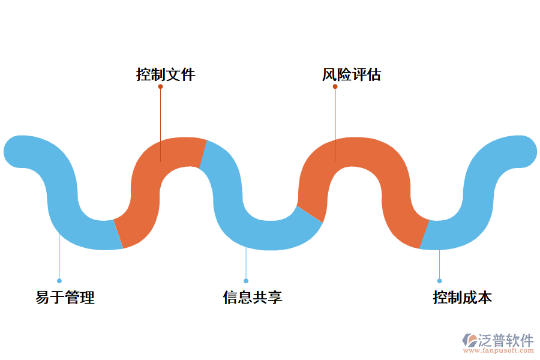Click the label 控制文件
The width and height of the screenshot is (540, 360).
[x=166, y=75]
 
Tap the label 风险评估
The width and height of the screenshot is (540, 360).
[x=352, y=75]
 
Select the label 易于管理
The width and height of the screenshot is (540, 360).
[x=65, y=298]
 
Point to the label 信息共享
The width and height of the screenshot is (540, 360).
[x=253, y=298]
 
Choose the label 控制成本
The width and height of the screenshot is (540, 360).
[x=463, y=298]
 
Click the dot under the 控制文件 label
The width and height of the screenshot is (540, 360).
[x=160, y=86]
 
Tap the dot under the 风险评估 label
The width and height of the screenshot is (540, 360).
[x=335, y=86]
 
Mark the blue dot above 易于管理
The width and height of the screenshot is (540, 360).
[x=59, y=281]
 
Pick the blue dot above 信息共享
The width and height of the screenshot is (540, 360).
[x=246, y=281]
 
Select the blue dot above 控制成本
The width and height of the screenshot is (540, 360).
[x=439, y=281]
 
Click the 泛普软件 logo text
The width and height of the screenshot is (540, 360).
[x=506, y=340]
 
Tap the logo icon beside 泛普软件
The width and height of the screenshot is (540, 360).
[x=469, y=340]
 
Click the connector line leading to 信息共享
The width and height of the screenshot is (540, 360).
[x=246, y=264]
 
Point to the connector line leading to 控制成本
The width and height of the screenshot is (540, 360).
[x=439, y=264]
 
